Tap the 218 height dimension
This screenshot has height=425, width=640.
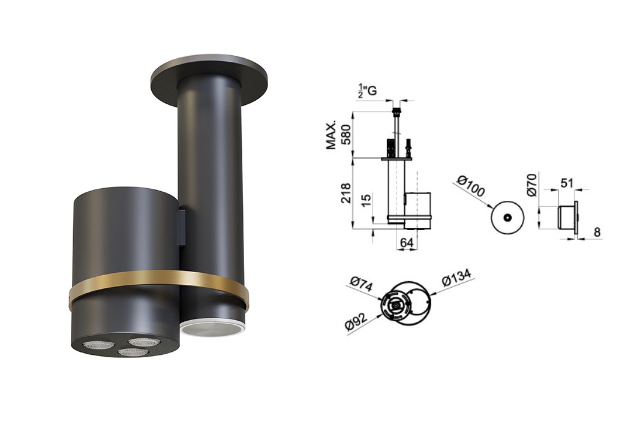coord(345,193)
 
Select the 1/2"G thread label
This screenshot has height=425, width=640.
coord(367,90)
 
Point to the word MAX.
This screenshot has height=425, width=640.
coord(331,135)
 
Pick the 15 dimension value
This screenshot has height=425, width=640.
coord(366,200)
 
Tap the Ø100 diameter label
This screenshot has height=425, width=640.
coord(470,186)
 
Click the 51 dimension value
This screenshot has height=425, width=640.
coord(567,183)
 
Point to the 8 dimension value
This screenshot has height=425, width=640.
coord(597,232)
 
